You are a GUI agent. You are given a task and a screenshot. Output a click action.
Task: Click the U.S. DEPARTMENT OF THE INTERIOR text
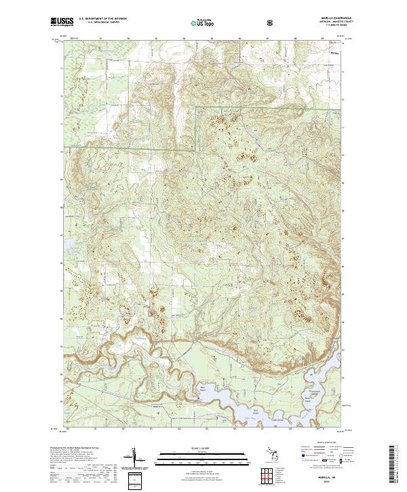coord(102,20)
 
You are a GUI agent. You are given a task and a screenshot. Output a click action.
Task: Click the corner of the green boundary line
coord(196,108)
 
